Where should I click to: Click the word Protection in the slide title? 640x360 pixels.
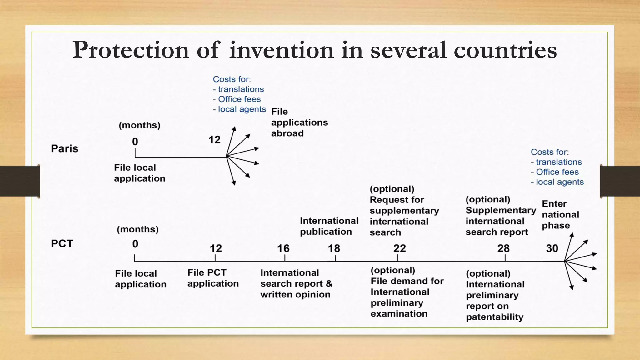coord(131,50)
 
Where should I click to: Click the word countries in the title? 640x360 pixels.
coord(505,50)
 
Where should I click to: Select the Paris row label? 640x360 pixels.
coord(65,148)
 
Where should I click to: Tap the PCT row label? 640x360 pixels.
coord(62,243)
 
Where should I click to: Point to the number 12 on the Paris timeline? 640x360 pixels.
coord(214,140)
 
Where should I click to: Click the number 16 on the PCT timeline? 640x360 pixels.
coord(283,248)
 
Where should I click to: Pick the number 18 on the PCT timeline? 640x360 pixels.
coord(334,248)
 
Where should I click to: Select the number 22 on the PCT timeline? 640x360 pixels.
coord(399,248)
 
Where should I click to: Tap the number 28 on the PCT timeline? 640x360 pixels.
coord(503,248)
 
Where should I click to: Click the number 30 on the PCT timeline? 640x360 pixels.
coord(552,248)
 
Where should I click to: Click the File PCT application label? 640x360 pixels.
coord(213,278)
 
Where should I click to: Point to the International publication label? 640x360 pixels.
coord(329,226)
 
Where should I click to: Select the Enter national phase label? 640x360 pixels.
coord(560,215)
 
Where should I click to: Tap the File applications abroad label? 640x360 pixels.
coord(299,122)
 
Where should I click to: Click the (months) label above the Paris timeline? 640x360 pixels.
coord(139,125)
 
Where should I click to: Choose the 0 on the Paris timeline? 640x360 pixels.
coord(135,142)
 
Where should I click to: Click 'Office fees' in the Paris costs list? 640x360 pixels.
coord(239,99)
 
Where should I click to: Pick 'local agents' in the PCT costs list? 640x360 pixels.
coord(559,182)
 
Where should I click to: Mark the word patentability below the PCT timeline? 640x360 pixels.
coord(494,317)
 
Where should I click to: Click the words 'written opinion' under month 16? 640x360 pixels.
coord(295,295)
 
